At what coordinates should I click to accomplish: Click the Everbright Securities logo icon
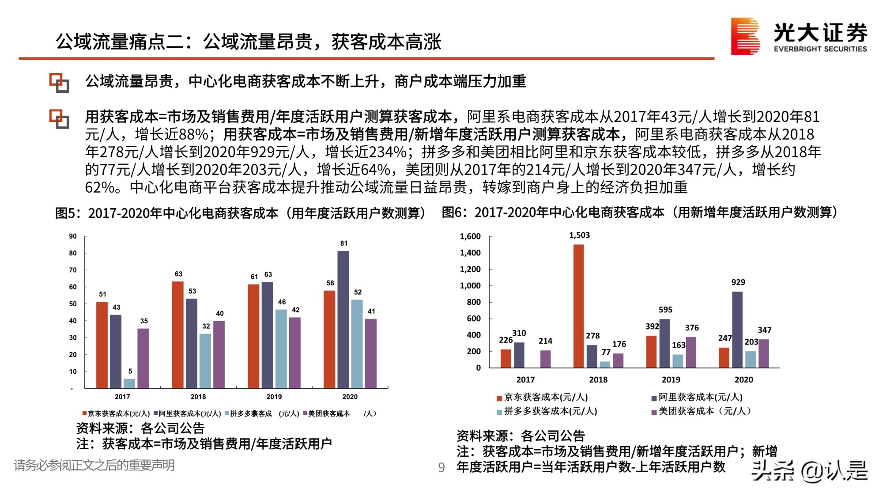click(745, 36)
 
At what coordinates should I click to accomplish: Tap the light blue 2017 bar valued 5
click(129, 383)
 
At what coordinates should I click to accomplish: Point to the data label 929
click(738, 282)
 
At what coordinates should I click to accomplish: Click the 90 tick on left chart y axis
click(73, 236)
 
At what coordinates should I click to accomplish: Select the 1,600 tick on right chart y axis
click(470, 236)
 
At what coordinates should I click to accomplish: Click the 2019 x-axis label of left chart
click(274, 397)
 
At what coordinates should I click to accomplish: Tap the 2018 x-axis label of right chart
click(598, 379)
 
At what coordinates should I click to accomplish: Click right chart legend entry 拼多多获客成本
click(550, 411)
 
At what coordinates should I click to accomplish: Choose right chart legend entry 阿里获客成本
click(700, 397)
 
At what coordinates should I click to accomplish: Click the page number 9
click(441, 467)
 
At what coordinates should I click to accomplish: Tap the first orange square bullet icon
click(59, 83)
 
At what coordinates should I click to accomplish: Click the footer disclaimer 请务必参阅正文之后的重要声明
click(94, 465)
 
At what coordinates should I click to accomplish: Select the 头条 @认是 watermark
click(809, 471)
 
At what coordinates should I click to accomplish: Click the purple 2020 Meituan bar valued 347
click(763, 353)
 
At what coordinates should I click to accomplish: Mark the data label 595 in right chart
click(665, 310)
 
